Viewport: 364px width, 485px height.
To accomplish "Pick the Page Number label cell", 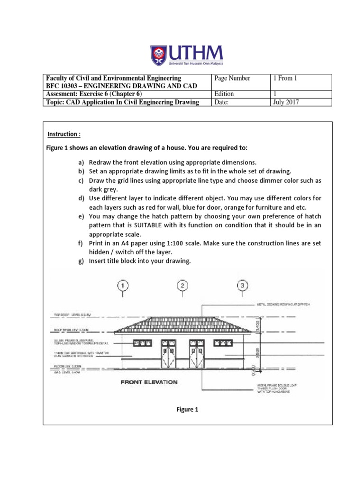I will pyautogui.click(x=232, y=78).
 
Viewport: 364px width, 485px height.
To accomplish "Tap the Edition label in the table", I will pyautogui.click(x=225, y=94).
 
